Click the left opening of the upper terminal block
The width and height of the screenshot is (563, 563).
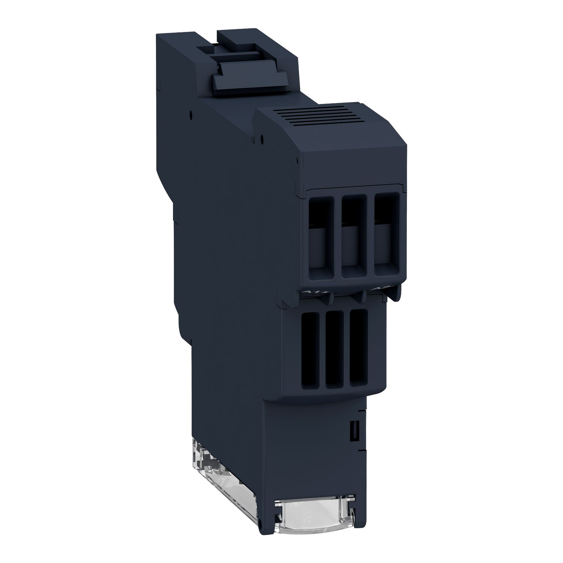[321, 236]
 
